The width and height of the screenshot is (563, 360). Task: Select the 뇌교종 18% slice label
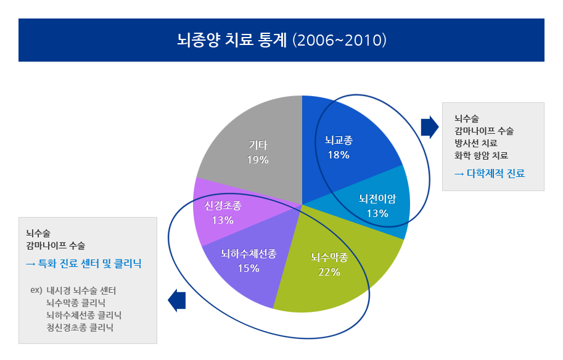click(339, 147)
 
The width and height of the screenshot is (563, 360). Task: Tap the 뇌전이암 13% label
click(377, 206)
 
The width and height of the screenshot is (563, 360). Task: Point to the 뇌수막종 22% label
click(329, 264)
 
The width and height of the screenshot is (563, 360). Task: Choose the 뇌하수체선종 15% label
click(249, 261)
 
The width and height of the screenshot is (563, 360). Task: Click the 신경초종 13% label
click(223, 213)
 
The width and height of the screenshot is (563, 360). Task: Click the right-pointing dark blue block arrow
click(430, 127)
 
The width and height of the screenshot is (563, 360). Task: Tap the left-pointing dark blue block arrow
click(176, 300)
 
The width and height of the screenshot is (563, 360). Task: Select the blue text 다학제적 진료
click(496, 174)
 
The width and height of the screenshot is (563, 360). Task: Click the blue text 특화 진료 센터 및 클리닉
click(90, 264)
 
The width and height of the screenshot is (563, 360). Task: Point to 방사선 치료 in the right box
click(476, 143)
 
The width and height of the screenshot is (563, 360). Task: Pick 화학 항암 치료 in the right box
click(481, 155)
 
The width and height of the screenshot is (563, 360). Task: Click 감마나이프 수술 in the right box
click(484, 131)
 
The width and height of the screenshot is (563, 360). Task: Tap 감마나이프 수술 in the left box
click(55, 245)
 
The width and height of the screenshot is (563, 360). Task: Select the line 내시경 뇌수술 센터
click(81, 290)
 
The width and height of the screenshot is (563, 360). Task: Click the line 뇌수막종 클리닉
click(76, 303)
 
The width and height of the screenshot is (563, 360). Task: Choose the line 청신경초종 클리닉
click(80, 327)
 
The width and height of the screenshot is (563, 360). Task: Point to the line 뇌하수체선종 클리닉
click(84, 315)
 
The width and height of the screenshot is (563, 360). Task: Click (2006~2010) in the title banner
click(339, 40)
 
